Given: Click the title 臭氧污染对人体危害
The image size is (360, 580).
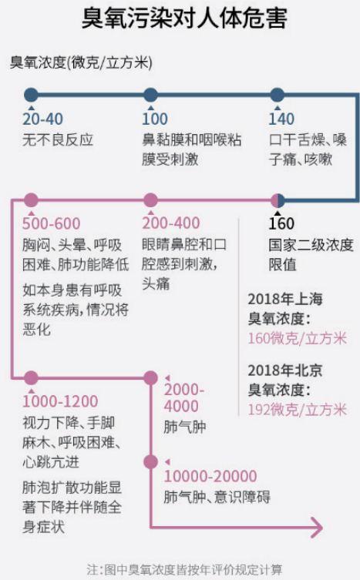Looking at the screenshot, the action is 184,18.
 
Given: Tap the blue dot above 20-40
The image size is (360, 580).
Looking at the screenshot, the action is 31,95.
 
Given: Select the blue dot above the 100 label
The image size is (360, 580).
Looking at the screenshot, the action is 150,95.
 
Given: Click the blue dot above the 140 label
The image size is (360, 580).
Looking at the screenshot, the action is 277,95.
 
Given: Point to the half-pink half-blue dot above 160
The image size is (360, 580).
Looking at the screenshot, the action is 278,200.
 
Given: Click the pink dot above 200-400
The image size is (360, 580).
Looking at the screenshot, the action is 150,200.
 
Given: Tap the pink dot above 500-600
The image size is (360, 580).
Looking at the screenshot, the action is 31,200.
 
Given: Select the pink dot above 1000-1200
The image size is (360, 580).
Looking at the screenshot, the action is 31,377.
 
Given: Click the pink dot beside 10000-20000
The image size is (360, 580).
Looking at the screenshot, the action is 150,462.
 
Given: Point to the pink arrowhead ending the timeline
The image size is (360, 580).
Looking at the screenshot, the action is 317,527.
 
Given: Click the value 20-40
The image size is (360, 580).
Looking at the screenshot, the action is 42,119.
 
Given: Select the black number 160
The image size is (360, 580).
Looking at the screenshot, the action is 281,224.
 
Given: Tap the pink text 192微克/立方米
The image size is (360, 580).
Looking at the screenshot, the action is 298,410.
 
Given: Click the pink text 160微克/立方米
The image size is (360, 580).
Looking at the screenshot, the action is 298,338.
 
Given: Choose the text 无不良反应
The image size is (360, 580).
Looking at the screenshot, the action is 58,140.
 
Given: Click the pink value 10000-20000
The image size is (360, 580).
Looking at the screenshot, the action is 210,476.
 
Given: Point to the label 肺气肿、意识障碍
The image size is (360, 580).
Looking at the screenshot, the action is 217,497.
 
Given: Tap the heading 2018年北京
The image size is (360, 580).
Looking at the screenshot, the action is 285,370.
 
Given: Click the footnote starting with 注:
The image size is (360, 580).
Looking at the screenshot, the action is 184,570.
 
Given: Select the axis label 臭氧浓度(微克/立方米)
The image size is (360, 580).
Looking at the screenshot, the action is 81,62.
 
